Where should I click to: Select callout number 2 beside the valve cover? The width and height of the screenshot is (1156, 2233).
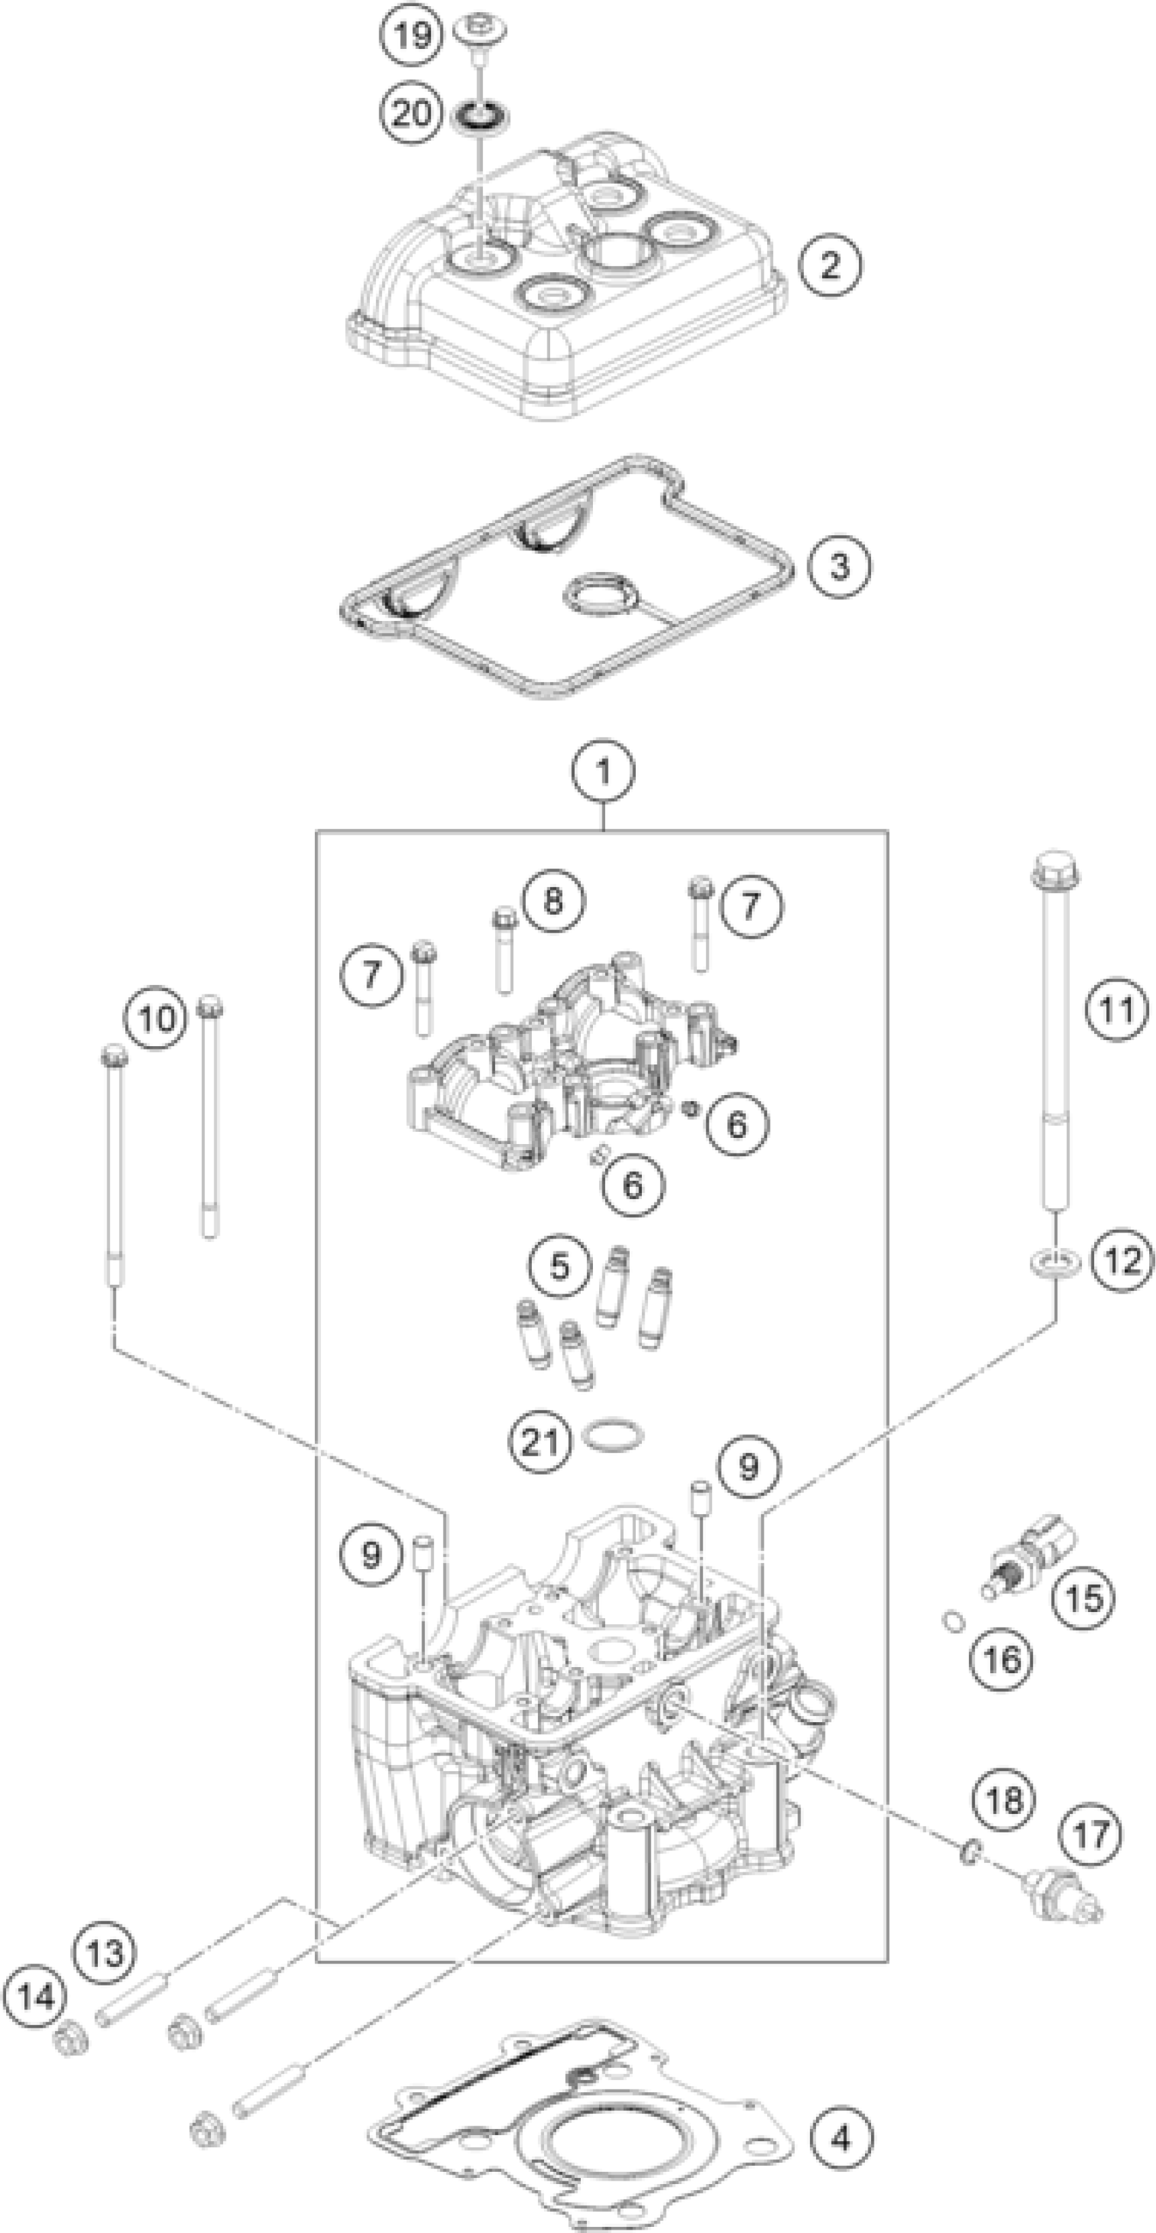tap(830, 265)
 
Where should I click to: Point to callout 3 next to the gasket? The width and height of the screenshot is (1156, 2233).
tap(839, 566)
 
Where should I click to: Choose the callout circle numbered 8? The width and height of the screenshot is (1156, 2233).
tap(553, 901)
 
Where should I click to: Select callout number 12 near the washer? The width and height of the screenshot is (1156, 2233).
tap(1123, 1260)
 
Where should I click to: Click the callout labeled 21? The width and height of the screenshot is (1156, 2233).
tap(539, 1441)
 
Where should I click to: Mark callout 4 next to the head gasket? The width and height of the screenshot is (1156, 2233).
tap(841, 2138)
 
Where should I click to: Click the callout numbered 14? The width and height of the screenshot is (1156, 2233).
tap(35, 1996)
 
